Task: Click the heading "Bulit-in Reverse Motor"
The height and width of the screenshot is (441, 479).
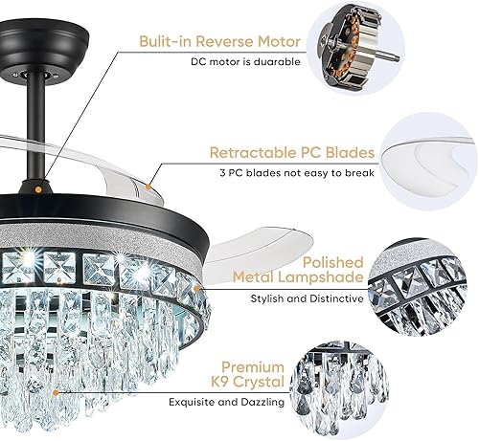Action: (x=219, y=41)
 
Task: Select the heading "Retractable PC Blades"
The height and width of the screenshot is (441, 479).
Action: (x=285, y=151)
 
